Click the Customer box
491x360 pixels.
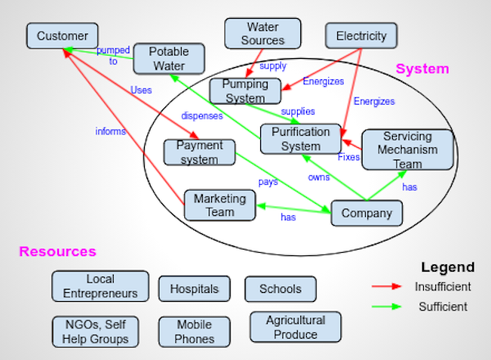62,36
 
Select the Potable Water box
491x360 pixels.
169,59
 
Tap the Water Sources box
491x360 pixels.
263,34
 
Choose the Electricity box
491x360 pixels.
361,36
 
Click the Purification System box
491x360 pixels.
295,138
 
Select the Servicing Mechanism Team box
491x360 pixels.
408,150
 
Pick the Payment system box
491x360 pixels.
199,152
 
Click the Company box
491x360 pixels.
367,214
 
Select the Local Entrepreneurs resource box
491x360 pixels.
101,286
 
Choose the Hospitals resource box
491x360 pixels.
194,289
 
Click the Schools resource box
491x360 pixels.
280,289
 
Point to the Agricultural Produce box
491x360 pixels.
295,327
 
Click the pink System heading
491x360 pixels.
422,70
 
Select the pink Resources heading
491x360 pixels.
57,252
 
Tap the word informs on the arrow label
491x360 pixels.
110,129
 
